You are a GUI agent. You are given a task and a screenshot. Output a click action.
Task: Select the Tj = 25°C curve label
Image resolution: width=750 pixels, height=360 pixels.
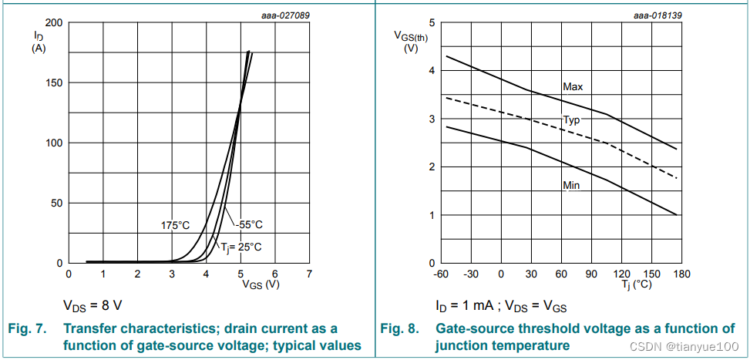click(240, 247)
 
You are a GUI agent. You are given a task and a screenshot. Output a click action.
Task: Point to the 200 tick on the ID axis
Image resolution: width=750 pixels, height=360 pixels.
click(54, 22)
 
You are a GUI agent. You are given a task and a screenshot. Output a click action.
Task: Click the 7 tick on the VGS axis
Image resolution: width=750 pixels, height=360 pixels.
click(308, 273)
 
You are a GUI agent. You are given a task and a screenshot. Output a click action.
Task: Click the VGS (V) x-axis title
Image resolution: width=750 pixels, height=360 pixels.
click(261, 284)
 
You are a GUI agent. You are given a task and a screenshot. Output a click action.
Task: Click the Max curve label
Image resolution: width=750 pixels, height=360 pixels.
click(572, 87)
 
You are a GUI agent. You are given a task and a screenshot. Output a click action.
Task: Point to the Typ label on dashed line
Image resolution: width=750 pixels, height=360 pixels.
click(571, 120)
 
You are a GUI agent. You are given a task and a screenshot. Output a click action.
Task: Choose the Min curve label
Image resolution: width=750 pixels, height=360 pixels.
click(571, 186)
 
